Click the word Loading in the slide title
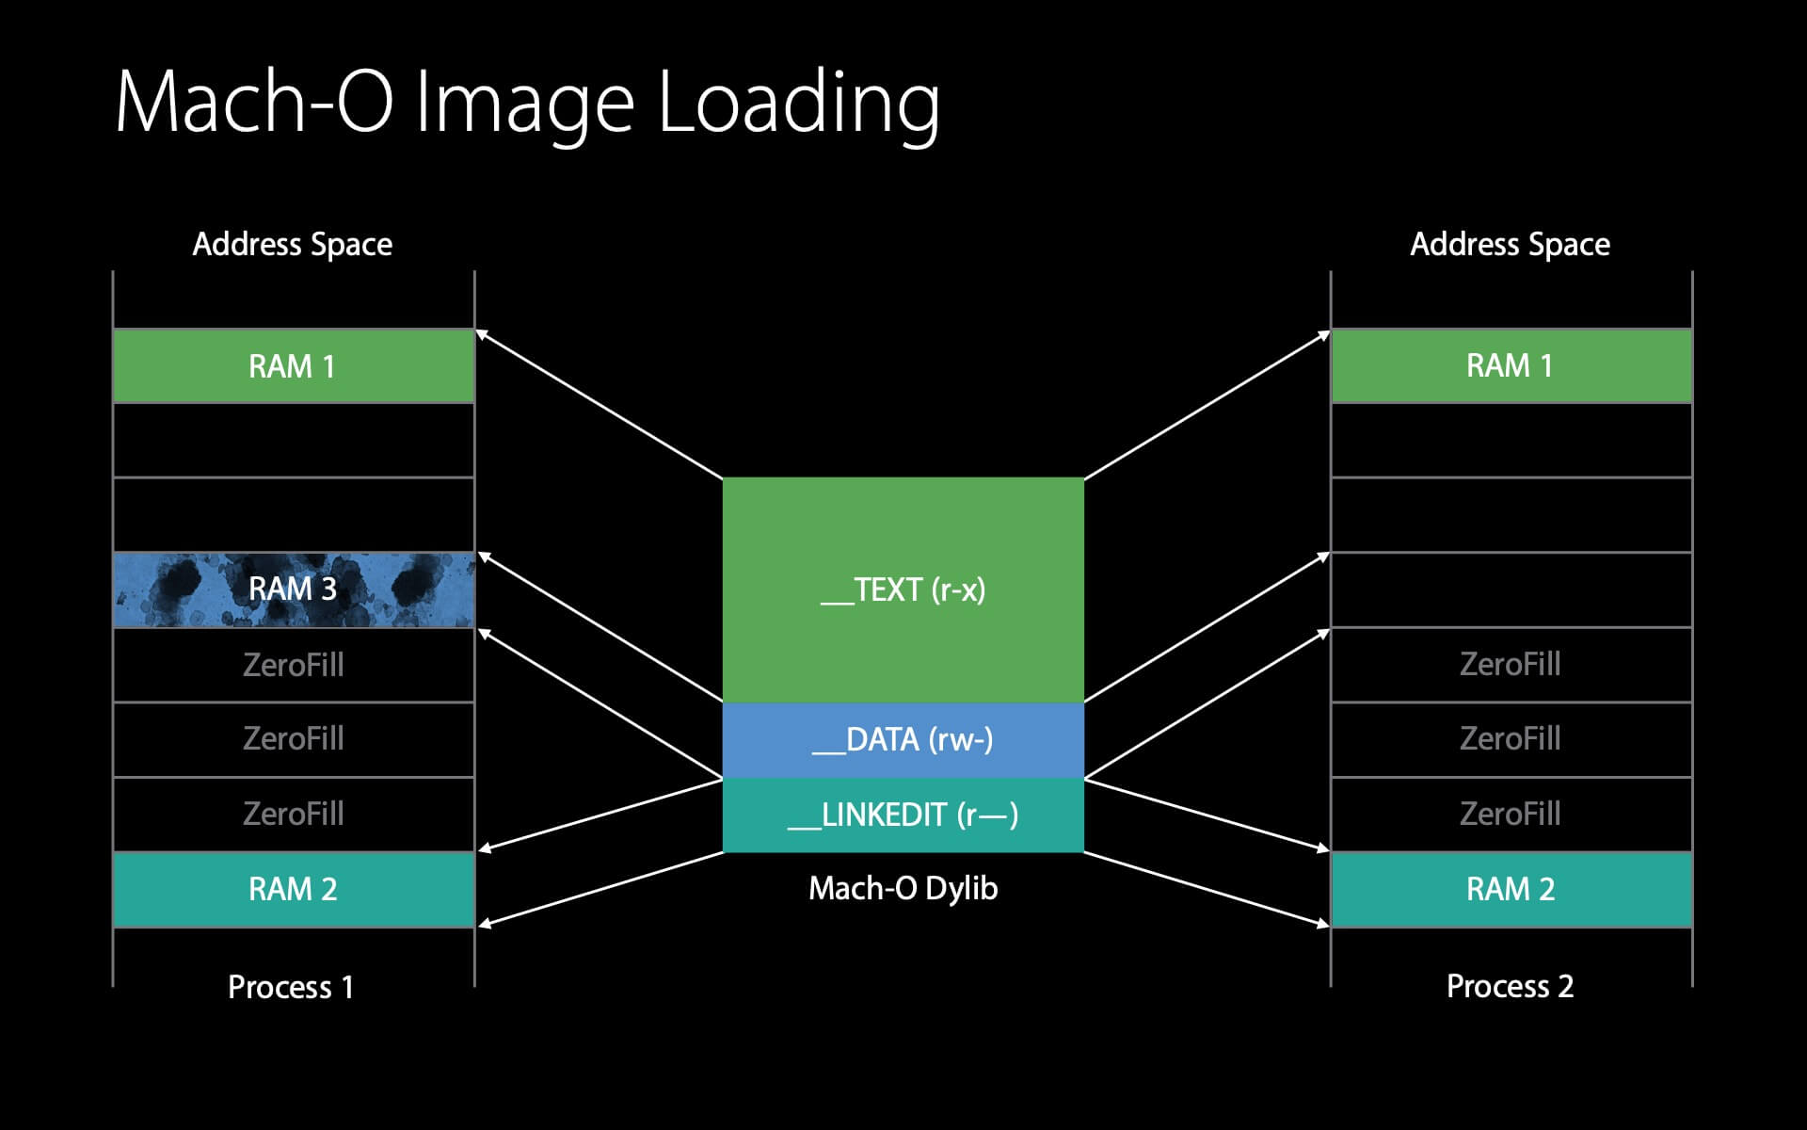[798, 104]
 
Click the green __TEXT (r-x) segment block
[903, 589]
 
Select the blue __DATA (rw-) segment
[903, 740]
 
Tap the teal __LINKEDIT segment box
[903, 815]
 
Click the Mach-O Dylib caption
[903, 888]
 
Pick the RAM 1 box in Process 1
[293, 366]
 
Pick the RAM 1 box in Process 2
[1510, 366]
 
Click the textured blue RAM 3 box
[293, 589]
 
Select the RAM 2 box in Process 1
[293, 889]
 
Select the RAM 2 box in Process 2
[1510, 889]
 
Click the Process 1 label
[291, 987]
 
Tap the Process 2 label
[1510, 986]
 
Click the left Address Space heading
[293, 245]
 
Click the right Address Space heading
[1510, 245]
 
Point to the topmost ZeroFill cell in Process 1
[293, 665]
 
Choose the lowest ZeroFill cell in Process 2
[1510, 814]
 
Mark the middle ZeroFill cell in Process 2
[1510, 738]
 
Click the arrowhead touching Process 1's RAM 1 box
[482, 333]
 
